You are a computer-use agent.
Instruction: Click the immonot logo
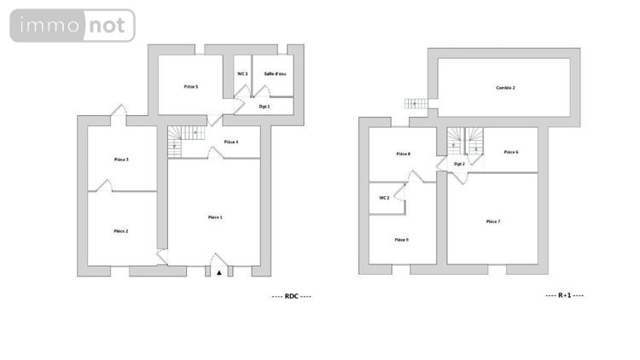point(73,26)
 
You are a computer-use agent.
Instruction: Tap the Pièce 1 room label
point(215,218)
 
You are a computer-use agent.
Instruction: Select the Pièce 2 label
point(121,231)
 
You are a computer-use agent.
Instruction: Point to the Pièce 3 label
point(121,160)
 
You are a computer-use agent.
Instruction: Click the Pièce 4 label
point(230,142)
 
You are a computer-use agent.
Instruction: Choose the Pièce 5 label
point(190,86)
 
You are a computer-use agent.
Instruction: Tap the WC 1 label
point(242,74)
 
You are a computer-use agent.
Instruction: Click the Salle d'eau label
point(275,74)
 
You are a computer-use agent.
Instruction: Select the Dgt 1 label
point(264,107)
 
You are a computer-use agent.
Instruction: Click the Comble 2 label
point(506,88)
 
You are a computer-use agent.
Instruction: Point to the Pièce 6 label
point(511,152)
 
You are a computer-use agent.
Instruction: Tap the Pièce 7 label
point(492,221)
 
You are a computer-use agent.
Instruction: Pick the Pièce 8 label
point(404,154)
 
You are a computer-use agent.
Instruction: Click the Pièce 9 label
point(401,240)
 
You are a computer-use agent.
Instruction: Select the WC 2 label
point(384,198)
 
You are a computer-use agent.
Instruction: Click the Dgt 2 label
point(459,164)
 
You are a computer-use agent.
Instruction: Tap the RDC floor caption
point(291,296)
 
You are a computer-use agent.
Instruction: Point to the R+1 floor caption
point(564,296)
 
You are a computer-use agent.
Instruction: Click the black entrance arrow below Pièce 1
point(219,273)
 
